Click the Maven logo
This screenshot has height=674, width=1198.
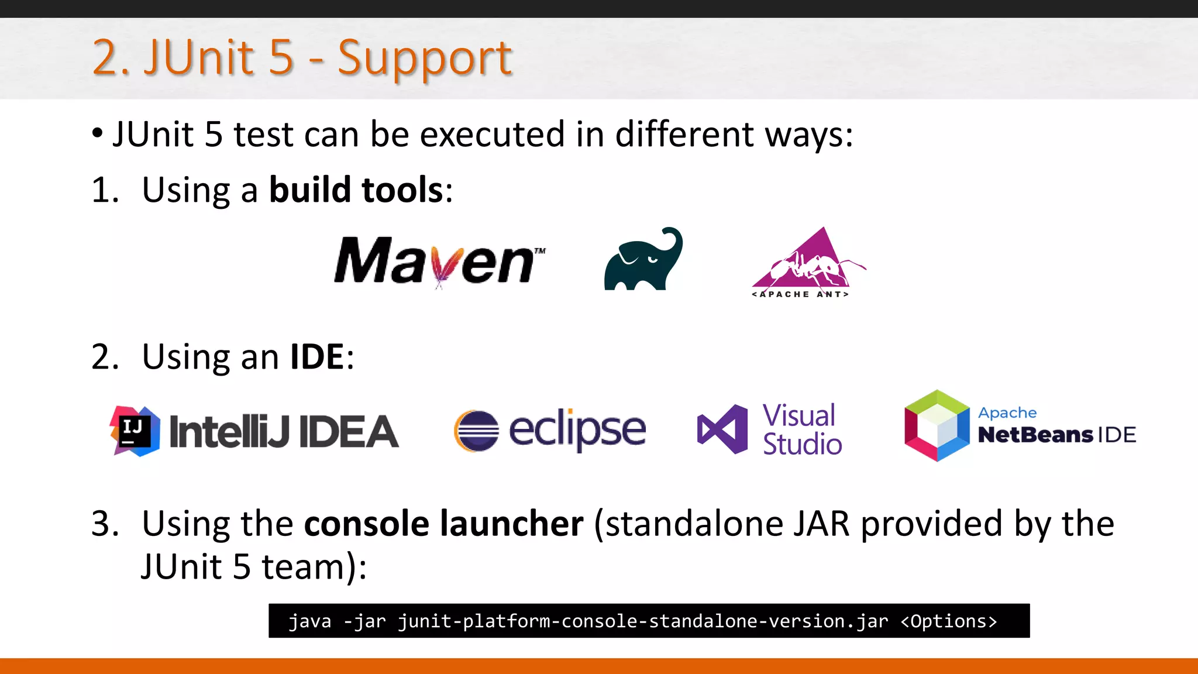point(439,261)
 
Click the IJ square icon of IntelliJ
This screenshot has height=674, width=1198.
point(135,431)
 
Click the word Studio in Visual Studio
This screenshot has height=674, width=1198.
point(803,445)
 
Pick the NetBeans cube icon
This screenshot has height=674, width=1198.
point(937,426)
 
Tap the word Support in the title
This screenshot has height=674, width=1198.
point(425,59)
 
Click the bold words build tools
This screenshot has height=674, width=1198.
point(356,190)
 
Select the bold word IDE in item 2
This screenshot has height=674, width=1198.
point(317,357)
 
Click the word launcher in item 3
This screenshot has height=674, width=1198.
point(511,524)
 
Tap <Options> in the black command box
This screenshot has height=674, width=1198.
point(948,621)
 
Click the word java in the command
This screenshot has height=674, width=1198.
point(310,621)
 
